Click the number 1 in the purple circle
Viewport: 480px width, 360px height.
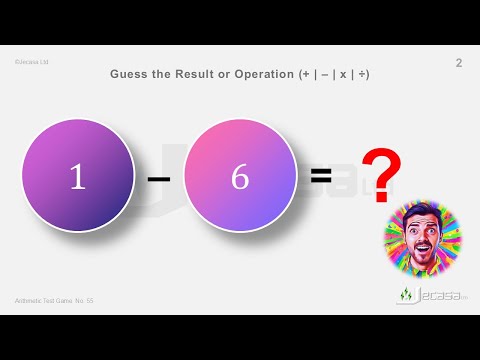pos(77,176)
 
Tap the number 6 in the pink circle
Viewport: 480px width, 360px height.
pos(240,176)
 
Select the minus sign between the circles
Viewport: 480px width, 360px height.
pos(158,178)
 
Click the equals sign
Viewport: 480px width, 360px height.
pos(320,176)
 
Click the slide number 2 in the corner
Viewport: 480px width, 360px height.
pos(458,64)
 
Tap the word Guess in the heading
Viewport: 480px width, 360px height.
pos(131,74)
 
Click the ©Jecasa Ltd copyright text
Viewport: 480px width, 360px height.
pos(32,62)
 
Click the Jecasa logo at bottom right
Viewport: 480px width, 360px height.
pos(427,297)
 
